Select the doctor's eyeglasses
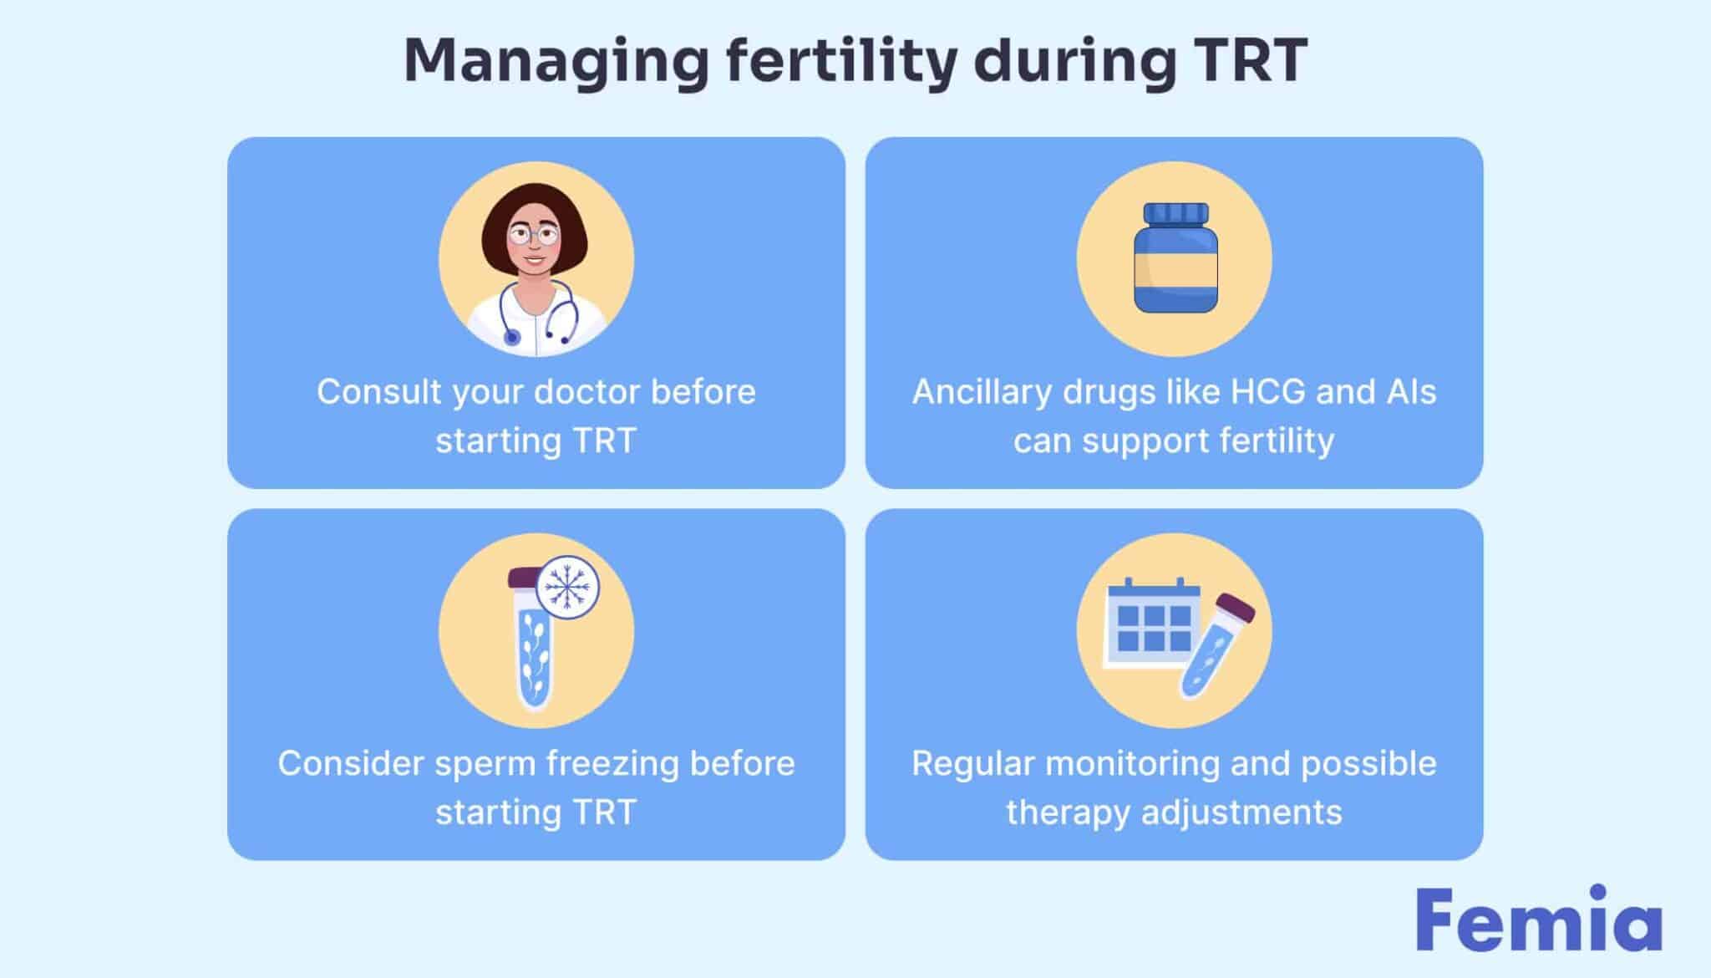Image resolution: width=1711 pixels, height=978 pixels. click(534, 233)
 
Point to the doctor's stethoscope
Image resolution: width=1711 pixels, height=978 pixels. click(536, 314)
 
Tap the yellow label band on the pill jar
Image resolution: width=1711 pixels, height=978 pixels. click(1175, 270)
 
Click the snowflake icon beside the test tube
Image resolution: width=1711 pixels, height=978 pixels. click(567, 588)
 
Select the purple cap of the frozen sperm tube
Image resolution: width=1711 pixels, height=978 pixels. click(525, 577)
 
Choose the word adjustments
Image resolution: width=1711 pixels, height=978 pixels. click(1241, 813)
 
